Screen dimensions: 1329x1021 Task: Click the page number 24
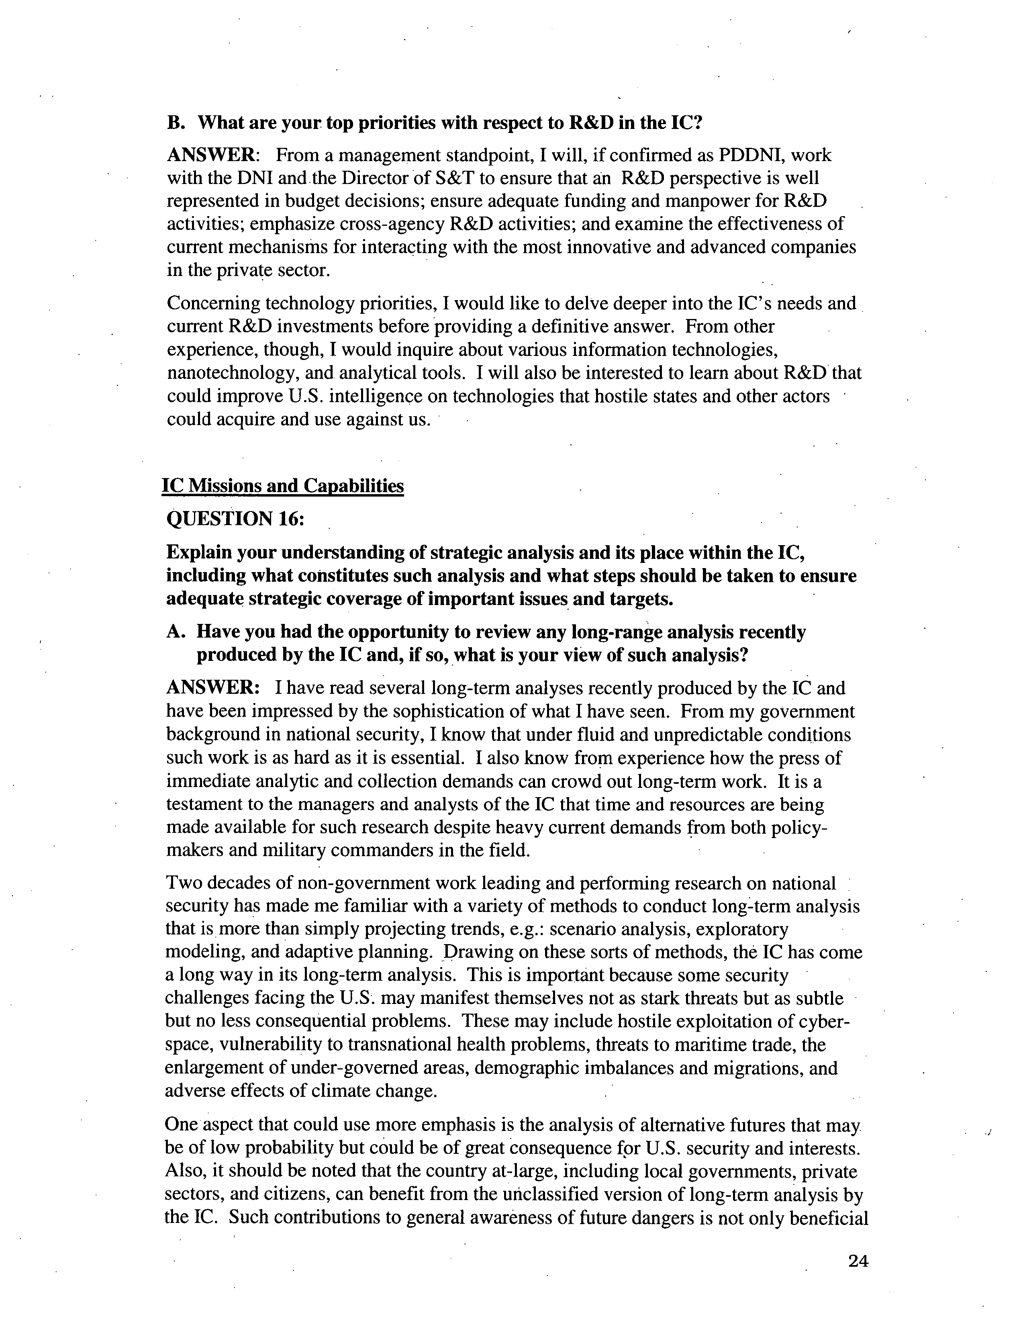pos(858,1262)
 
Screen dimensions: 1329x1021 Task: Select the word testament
pos(205,804)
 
